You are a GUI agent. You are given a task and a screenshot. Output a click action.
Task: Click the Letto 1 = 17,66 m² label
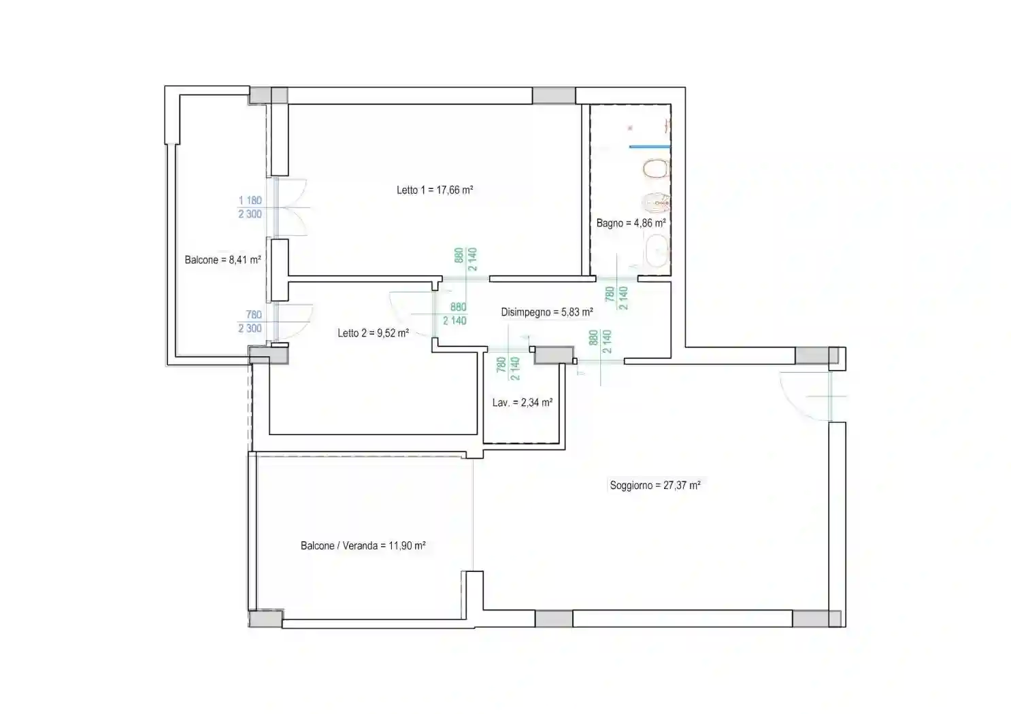435,190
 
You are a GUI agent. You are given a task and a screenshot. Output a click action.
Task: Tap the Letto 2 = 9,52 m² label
374,333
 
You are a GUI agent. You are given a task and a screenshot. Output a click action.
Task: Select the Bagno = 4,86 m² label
631,223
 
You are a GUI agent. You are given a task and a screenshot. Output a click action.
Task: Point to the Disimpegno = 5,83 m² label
547,311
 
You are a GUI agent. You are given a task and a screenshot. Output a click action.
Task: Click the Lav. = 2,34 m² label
523,403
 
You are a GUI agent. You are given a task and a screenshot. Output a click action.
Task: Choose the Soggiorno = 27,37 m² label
655,486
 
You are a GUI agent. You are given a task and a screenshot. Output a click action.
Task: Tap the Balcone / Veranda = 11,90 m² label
363,546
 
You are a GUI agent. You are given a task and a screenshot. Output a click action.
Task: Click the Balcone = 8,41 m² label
222,260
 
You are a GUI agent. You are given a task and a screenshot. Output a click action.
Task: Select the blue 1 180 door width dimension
250,200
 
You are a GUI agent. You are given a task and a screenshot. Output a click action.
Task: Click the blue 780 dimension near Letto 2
254,314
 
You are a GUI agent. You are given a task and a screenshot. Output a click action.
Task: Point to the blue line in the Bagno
650,147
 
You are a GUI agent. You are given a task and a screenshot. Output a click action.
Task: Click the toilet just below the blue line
657,169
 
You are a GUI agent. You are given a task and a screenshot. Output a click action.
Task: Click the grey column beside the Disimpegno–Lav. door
554,355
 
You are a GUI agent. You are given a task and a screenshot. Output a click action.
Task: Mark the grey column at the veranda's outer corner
265,618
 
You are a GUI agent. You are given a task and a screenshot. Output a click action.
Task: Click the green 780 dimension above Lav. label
501,364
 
